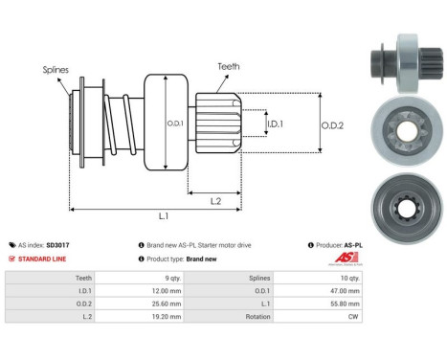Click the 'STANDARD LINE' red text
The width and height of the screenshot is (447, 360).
(x=44, y=259)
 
